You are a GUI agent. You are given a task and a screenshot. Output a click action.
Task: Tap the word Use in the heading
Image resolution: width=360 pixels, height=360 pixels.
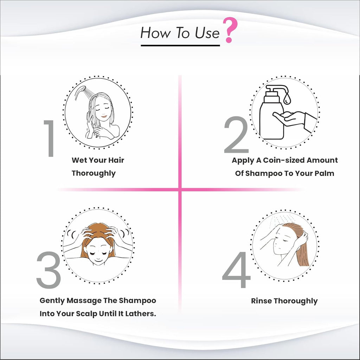pos(207,33)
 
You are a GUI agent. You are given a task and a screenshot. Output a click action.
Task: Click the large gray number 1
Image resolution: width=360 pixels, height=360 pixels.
pos(50,138)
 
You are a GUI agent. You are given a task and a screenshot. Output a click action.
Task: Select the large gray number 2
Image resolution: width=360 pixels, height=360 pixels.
pos(236,135)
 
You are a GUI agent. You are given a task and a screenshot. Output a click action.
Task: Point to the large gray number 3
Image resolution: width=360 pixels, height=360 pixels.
pos(49,270)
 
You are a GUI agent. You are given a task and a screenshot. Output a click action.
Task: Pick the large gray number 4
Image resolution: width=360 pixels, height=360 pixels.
pos(236,269)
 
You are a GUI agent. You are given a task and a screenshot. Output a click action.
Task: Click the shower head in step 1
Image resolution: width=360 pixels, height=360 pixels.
pos(80,92)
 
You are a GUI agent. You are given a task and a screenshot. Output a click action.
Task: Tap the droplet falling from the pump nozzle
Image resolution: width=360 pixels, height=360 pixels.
pos(287,99)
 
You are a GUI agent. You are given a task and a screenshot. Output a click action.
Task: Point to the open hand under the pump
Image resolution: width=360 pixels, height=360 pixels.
pos(290,118)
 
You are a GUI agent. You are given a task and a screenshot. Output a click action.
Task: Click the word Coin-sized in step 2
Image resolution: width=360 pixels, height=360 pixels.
pos(284,160)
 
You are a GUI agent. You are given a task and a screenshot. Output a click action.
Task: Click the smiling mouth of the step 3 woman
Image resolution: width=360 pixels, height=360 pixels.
pos(98,260)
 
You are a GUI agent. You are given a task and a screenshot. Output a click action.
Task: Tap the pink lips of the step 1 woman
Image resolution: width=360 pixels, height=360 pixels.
pos(104,116)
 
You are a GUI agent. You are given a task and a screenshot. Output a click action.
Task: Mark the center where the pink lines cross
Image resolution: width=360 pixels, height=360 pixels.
pos(180,190)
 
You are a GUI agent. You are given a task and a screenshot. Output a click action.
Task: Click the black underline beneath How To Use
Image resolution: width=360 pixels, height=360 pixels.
pos(180,45)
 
